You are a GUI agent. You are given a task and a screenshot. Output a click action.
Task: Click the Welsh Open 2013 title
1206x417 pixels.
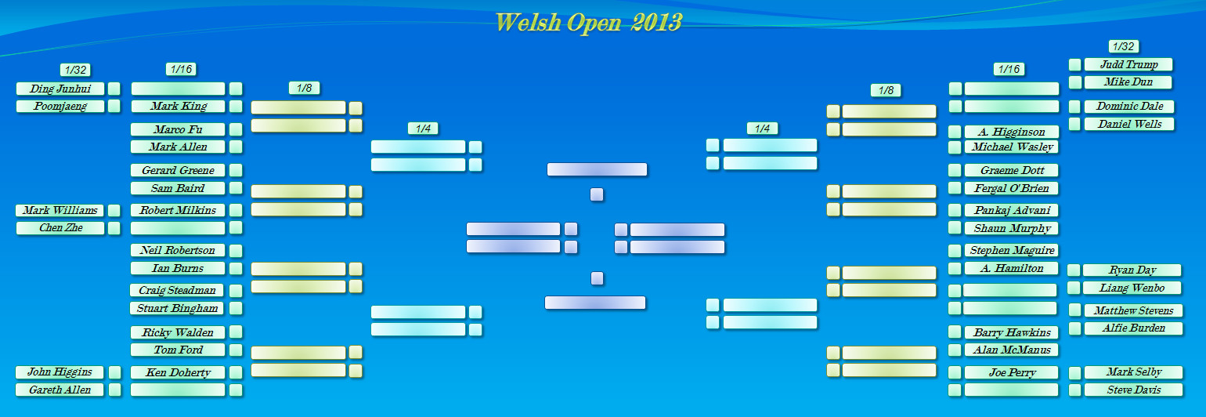tap(588, 23)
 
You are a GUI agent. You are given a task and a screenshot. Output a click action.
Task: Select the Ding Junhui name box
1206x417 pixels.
tap(60, 89)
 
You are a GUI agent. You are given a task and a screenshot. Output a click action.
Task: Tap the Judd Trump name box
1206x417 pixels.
tap(1128, 64)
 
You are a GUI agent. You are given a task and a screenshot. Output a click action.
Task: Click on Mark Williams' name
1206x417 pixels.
tap(60, 210)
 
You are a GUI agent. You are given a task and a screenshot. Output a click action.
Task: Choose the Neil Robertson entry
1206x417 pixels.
tap(178, 250)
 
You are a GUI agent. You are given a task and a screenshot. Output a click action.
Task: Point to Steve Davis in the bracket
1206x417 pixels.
tap(1133, 390)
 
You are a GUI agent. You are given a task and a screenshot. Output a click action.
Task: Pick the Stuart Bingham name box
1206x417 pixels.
tap(177, 308)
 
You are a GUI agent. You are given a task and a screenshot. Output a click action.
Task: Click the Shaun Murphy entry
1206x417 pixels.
tap(1012, 228)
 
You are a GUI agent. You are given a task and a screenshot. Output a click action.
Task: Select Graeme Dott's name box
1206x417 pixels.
tap(1012, 170)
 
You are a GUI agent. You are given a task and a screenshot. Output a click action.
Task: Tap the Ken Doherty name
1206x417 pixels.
tap(178, 372)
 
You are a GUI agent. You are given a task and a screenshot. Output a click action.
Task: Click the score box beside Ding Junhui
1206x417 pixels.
tap(114, 89)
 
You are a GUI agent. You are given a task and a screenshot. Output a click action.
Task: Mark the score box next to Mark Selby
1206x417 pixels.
tap(1074, 372)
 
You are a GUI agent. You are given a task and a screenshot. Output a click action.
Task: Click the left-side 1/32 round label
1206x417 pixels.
tap(75, 70)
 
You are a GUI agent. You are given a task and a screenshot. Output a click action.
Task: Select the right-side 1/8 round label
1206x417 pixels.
tap(886, 90)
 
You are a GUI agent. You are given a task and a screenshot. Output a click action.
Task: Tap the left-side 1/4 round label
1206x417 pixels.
tap(423, 129)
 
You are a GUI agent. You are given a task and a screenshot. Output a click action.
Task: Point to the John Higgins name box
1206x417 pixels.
tap(60, 372)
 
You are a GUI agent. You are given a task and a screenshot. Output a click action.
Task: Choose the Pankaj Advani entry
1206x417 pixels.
tap(1012, 210)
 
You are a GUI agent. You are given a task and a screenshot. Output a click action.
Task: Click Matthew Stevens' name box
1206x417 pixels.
tap(1133, 310)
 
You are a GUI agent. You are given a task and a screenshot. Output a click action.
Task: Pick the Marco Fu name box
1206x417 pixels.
tap(178, 129)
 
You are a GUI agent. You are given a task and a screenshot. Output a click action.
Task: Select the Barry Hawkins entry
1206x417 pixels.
tap(1012, 332)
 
